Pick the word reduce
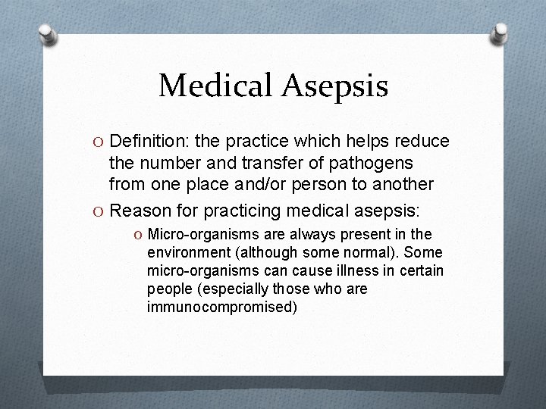pyautogui.click(x=421, y=142)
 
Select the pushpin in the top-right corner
pyautogui.click(x=500, y=32)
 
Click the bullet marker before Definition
pyautogui.click(x=100, y=142)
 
